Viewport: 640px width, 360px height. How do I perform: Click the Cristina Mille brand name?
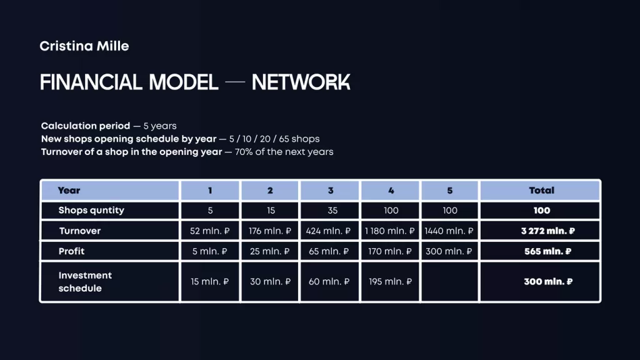click(x=84, y=46)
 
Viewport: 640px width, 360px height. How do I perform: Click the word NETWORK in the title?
click(x=301, y=82)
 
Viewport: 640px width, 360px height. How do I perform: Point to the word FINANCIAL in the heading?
click(x=91, y=82)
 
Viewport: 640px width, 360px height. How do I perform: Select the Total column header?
click(x=541, y=191)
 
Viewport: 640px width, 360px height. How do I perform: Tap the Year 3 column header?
click(x=331, y=191)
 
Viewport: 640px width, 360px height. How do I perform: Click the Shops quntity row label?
click(x=91, y=211)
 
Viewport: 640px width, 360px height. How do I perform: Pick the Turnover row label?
click(x=79, y=231)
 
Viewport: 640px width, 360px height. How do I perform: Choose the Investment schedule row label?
click(x=85, y=282)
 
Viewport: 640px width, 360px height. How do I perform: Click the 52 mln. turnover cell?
click(x=210, y=231)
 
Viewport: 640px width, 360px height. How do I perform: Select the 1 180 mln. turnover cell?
click(x=390, y=231)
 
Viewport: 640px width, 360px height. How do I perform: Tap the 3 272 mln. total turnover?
click(x=547, y=231)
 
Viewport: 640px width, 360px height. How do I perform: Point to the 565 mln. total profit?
click(x=547, y=251)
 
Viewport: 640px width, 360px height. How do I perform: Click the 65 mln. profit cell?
click(x=329, y=251)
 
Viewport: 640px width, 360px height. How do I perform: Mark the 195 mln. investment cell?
click(x=390, y=282)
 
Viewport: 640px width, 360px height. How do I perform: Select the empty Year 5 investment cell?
click(x=450, y=282)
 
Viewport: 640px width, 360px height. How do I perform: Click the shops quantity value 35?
click(x=332, y=211)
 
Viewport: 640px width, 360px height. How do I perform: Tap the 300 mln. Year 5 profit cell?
click(x=449, y=251)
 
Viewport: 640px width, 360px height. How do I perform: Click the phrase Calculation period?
click(x=86, y=126)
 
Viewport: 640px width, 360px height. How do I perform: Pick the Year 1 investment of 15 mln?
click(x=210, y=282)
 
